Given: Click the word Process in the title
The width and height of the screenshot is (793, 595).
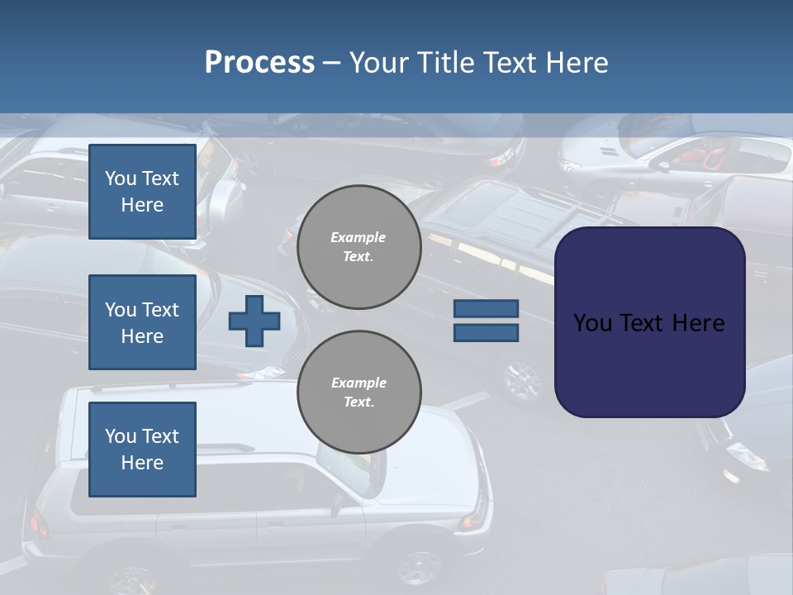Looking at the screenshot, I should (259, 63).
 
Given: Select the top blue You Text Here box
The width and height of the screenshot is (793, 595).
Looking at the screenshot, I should (142, 192).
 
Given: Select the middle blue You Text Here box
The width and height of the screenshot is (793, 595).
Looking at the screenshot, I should (142, 322).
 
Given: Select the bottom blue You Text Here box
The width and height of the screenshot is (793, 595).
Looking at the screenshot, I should (142, 449).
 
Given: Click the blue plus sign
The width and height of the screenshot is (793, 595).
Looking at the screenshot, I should (254, 321).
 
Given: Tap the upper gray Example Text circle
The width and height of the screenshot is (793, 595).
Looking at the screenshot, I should (359, 247).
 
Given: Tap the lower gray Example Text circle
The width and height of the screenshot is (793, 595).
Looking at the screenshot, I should (359, 393).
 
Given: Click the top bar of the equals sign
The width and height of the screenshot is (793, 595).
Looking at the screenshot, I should (486, 309).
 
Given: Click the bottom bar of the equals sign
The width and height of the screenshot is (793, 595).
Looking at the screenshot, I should (486, 333).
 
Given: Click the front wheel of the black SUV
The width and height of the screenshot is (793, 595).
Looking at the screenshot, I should (522, 381).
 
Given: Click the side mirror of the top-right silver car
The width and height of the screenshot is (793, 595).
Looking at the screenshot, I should (662, 166).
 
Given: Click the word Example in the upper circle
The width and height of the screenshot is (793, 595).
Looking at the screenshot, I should (359, 237).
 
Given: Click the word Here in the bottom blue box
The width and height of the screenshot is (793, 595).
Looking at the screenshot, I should (142, 463).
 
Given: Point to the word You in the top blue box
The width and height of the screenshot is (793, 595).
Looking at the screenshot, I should (120, 178).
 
